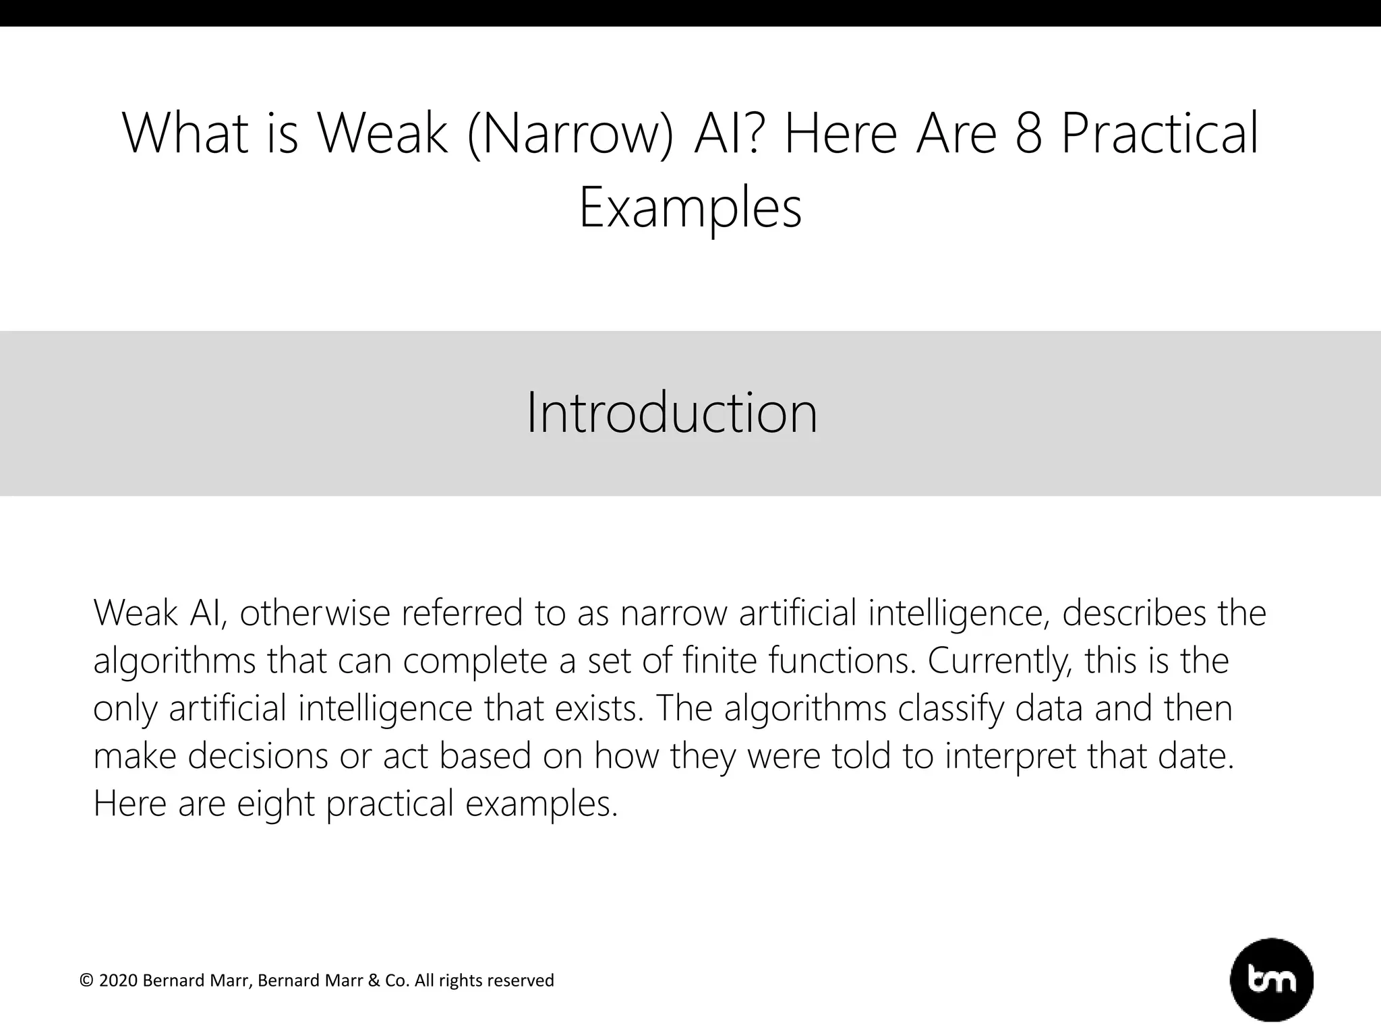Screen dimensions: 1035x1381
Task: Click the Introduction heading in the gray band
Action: point(672,412)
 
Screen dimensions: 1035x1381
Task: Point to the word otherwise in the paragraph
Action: point(315,613)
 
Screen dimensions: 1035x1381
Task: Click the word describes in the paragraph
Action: point(1134,613)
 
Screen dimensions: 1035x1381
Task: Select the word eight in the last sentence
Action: point(276,804)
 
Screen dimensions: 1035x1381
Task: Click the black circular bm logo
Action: point(1272,980)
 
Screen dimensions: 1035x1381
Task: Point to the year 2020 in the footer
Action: point(119,980)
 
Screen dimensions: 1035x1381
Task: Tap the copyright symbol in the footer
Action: point(86,980)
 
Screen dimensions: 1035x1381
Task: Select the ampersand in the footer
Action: point(374,980)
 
